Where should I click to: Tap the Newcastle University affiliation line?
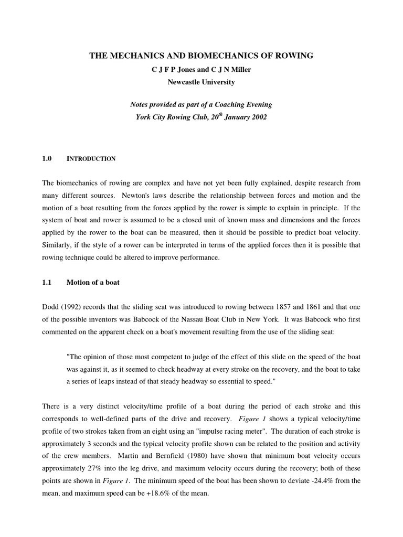(x=201, y=82)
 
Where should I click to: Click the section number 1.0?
(x=47, y=158)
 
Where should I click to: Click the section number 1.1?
(x=47, y=282)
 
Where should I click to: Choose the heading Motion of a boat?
(x=93, y=282)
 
